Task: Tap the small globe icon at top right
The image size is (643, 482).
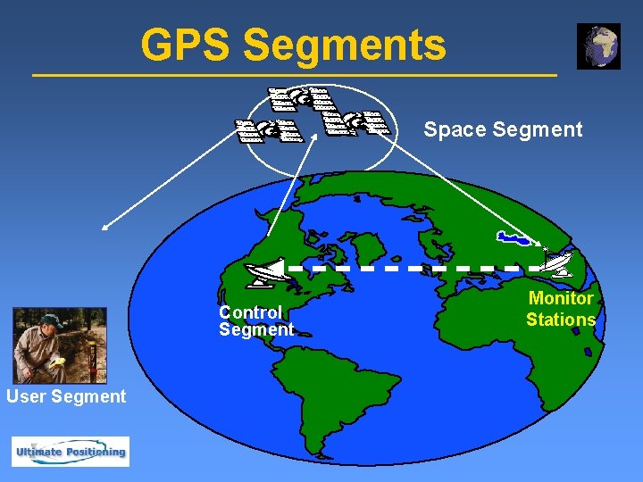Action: coord(598,46)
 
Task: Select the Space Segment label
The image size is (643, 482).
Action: coord(503,129)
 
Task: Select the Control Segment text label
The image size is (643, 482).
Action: coord(255,320)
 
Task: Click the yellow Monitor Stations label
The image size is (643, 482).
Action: coord(561,309)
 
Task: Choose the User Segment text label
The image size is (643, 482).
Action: coord(66,396)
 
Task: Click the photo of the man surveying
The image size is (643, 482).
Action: coord(60,346)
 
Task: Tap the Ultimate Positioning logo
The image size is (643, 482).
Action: coord(70,452)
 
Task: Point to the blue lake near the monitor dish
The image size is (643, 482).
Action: coord(514,238)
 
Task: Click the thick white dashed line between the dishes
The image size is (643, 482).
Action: coord(411,267)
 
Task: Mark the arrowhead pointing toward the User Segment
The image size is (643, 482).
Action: coord(105,229)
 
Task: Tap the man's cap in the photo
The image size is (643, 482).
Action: coord(49,319)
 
